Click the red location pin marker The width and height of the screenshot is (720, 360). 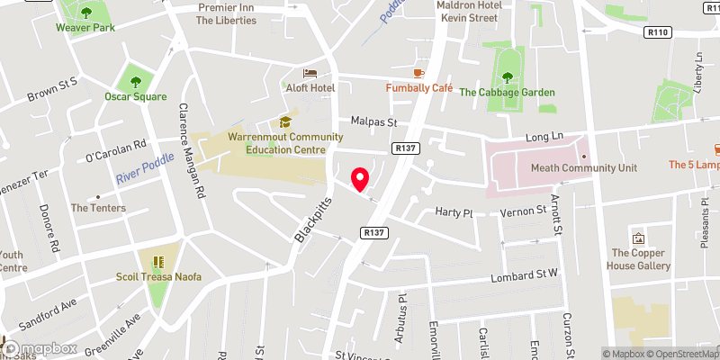(360, 179)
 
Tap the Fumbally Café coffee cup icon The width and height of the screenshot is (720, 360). (418, 73)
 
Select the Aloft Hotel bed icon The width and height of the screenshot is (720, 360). (310, 73)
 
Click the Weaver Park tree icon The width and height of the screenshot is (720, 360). (86, 13)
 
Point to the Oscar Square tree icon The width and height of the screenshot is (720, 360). (136, 80)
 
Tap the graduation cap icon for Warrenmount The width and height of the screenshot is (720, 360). (285, 121)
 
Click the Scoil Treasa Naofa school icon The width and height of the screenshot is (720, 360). (157, 262)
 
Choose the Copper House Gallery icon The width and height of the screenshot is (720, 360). (639, 239)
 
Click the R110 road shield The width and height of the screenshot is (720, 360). (659, 32)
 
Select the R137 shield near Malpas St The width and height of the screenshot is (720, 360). (402, 148)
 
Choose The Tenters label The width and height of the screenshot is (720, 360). (99, 208)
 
